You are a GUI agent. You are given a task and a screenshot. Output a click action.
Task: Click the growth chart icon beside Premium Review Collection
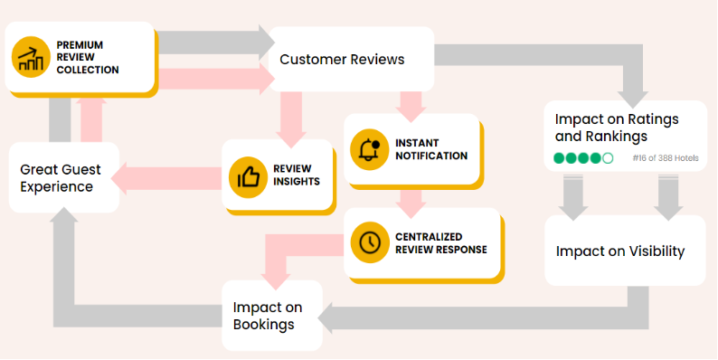(31, 57)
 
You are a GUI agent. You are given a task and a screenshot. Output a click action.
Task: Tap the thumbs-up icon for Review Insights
(248, 177)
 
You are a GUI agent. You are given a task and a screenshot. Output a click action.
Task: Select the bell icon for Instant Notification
(370, 150)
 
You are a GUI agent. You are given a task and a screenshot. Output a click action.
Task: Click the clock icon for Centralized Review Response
(370, 242)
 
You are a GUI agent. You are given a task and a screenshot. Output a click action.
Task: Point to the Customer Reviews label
(342, 60)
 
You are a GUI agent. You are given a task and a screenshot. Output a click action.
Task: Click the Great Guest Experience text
(61, 178)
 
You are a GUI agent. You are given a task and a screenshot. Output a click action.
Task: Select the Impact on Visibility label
(620, 251)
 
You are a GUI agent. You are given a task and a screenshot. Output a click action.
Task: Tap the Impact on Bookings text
(268, 316)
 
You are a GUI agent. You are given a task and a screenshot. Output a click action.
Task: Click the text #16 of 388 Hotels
(666, 158)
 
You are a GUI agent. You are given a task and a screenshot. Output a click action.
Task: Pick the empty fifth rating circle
(608, 158)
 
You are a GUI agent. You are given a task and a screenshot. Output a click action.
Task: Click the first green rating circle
(559, 158)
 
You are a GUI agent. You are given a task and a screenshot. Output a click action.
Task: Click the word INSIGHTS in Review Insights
(297, 182)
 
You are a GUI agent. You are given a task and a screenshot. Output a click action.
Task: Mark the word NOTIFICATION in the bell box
(432, 156)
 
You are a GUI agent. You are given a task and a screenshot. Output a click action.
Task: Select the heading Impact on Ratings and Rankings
(617, 128)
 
